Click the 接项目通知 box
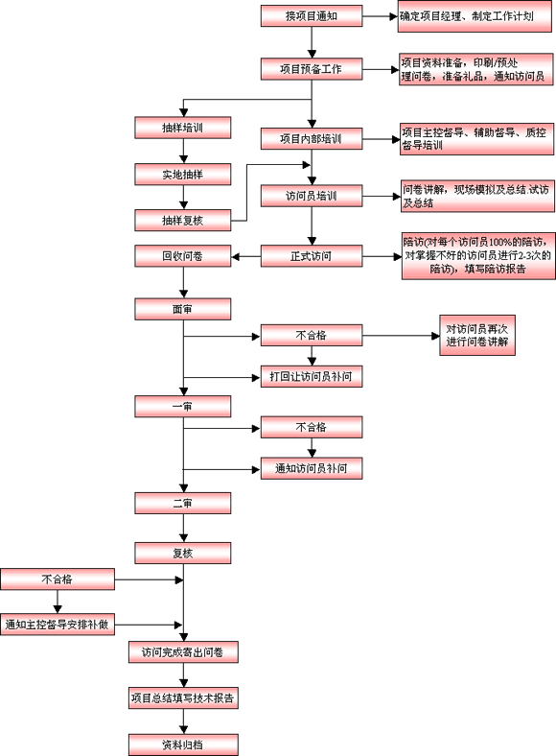(312, 16)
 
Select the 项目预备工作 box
(312, 69)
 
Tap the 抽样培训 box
(182, 128)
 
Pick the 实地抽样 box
(182, 174)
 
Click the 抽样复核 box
(182, 221)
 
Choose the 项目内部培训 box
(312, 139)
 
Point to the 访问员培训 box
(312, 196)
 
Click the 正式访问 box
(312, 256)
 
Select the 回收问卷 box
(182, 256)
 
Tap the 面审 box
(182, 309)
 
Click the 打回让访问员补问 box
(312, 376)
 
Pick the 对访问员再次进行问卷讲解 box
(477, 336)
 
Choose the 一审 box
(182, 407)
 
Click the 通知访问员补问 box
(312, 468)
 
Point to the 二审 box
(182, 504)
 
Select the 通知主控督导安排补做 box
(58, 625)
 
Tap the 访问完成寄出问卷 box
(183, 652)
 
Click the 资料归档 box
(183, 744)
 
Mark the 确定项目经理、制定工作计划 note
(475, 16)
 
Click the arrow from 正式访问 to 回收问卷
(246, 256)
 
